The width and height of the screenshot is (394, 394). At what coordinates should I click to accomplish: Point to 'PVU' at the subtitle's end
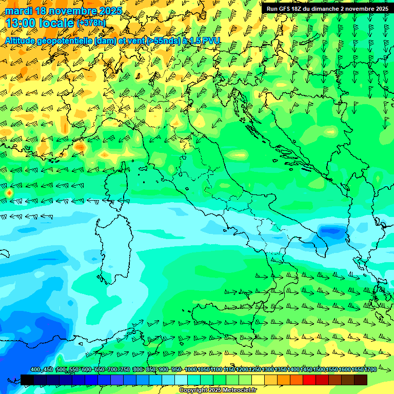click(210, 41)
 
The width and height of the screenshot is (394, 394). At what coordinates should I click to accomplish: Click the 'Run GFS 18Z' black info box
click(327, 9)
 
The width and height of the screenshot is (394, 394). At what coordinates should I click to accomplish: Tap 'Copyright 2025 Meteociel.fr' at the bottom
click(218, 390)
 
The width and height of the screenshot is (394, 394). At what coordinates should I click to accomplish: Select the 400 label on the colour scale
click(35, 370)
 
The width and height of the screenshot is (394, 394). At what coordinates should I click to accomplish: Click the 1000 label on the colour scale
click(190, 370)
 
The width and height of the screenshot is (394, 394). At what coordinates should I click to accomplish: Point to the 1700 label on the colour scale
click(370, 370)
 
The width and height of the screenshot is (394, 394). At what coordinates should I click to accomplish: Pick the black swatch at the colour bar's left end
click(27, 380)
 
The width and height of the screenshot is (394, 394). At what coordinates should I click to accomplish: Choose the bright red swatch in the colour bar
click(309, 380)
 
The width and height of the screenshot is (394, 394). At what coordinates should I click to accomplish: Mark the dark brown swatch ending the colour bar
click(361, 380)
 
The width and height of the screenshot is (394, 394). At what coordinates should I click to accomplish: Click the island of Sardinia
click(115, 246)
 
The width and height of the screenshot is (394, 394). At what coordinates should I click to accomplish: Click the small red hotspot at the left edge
click(9, 193)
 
